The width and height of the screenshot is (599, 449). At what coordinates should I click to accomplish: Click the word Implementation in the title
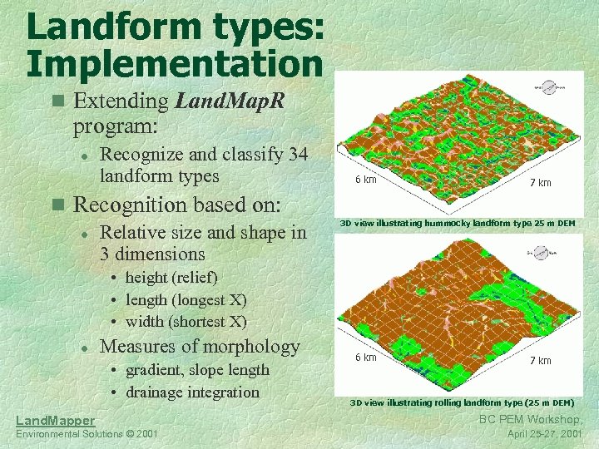click(x=174, y=63)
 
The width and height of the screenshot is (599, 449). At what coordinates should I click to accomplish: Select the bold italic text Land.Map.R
click(x=230, y=101)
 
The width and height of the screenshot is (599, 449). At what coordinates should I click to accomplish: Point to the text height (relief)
click(x=171, y=277)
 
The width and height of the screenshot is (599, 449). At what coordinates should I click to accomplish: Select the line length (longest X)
click(x=186, y=299)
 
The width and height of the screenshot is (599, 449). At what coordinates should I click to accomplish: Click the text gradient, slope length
click(x=197, y=369)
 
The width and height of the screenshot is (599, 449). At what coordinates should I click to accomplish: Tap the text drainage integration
click(x=192, y=392)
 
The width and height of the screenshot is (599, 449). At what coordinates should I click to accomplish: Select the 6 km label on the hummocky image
click(x=366, y=180)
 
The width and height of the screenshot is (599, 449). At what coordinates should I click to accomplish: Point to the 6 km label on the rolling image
click(x=366, y=358)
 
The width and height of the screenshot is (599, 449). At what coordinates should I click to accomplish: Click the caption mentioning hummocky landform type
click(x=458, y=223)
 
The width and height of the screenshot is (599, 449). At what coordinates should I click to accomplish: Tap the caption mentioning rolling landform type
click(x=462, y=402)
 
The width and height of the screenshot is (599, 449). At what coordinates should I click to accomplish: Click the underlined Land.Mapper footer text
click(x=56, y=421)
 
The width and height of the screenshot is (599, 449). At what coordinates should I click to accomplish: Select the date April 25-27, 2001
click(x=545, y=434)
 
